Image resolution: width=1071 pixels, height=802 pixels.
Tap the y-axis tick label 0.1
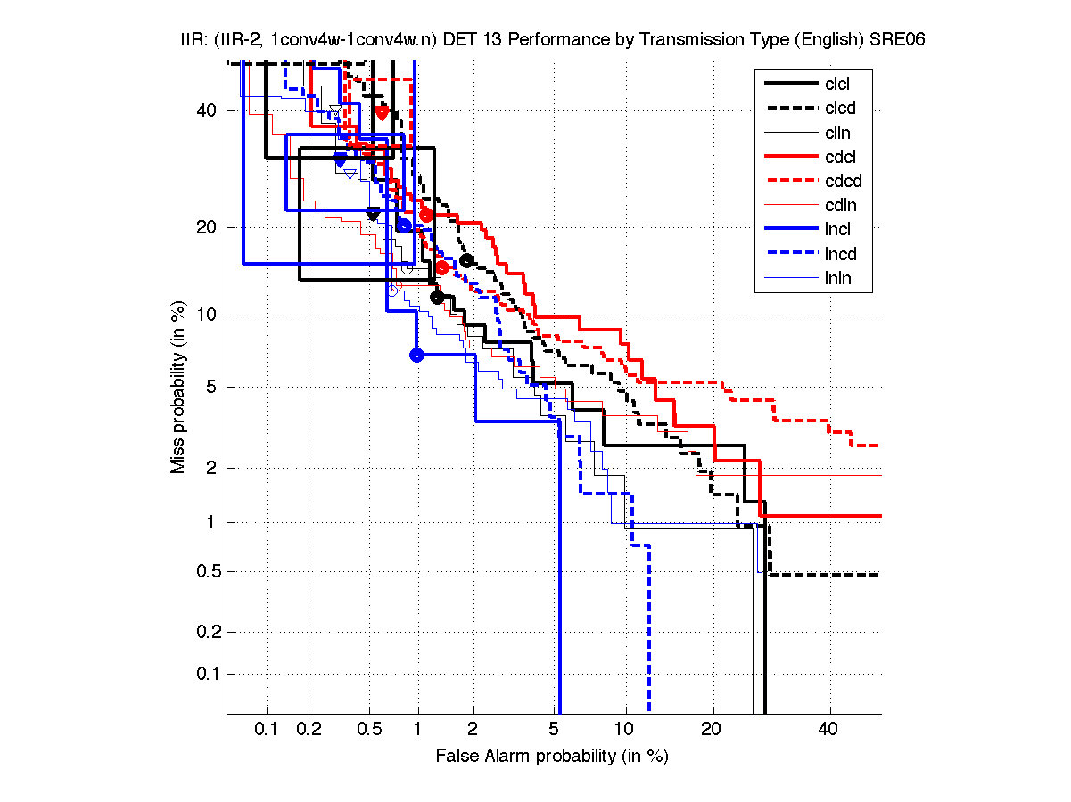tap(205, 674)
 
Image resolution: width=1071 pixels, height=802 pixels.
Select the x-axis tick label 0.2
tap(309, 730)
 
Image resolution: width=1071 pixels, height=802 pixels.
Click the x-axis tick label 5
tap(555, 730)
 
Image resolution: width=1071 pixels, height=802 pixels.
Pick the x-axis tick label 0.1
tap(267, 730)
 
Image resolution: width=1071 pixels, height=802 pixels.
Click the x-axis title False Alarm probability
tap(552, 757)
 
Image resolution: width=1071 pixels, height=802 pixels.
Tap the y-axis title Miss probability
tap(178, 387)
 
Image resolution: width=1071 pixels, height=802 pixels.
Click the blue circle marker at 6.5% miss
tap(416, 355)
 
